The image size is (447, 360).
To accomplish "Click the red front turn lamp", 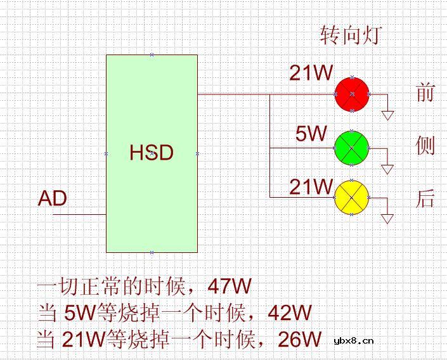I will pos(352,94).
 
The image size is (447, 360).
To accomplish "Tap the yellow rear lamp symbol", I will pos(352,198).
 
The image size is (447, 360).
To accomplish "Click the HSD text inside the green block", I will pos(152,153).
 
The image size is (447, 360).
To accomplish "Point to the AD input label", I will pos(53,199).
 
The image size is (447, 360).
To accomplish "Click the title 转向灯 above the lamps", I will pos(351,35).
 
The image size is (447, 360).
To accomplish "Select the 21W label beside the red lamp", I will pos(311,74).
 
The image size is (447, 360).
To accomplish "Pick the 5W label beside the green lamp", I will pos(311,134).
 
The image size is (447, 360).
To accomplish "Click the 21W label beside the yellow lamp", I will pos(311,187).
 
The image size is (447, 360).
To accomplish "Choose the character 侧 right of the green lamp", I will pos(425,146).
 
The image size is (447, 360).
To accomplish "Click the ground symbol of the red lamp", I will pos(387,115).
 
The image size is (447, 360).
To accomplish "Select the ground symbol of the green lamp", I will pos(387,169).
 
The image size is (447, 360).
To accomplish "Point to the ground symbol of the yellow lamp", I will pos(387,219).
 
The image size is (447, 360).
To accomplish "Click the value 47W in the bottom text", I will pos(230,286).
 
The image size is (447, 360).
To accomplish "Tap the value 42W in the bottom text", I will pos(290,312).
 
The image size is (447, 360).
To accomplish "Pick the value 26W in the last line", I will pos(300,339).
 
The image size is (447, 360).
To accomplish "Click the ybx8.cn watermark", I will pos(353,340).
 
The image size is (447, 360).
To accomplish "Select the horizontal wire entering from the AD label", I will pos(79,214).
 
